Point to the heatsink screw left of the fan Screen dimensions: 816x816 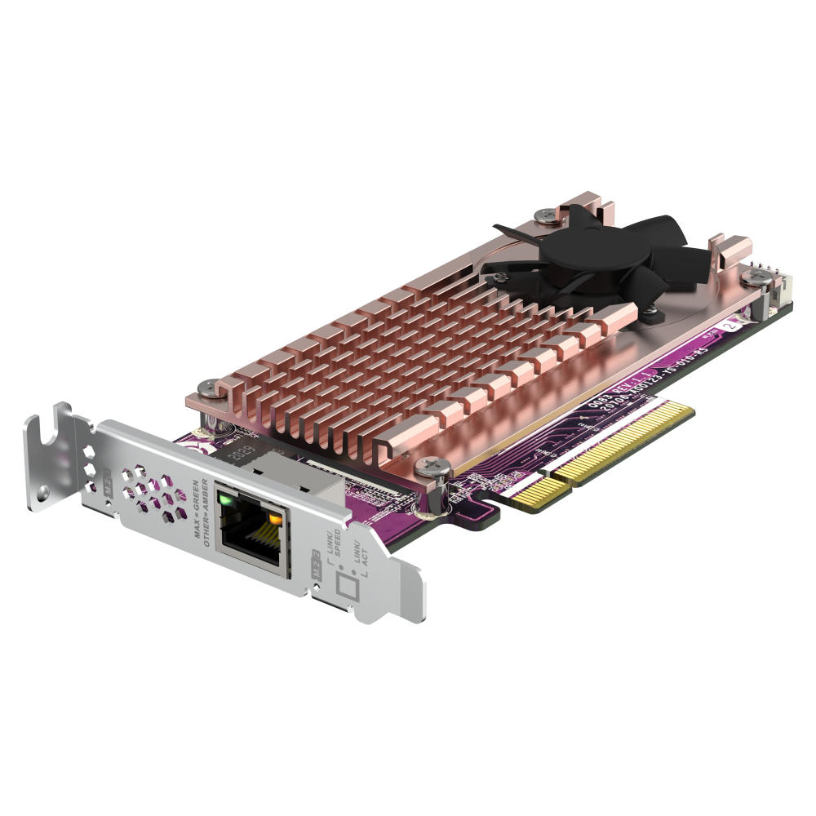click(543, 215)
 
